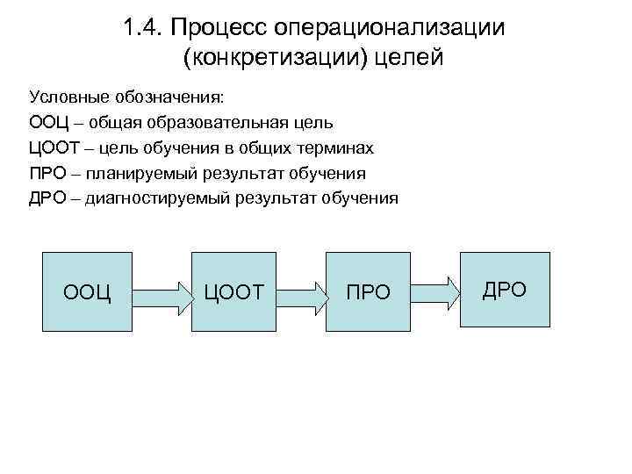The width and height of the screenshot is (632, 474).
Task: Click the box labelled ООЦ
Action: (x=87, y=291)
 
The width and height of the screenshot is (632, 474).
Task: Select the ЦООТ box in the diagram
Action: (x=233, y=291)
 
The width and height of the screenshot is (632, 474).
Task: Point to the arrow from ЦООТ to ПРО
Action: (x=298, y=291)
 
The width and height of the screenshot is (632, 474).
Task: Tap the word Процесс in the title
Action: (x=219, y=27)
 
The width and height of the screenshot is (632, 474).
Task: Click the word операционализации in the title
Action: (x=390, y=27)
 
